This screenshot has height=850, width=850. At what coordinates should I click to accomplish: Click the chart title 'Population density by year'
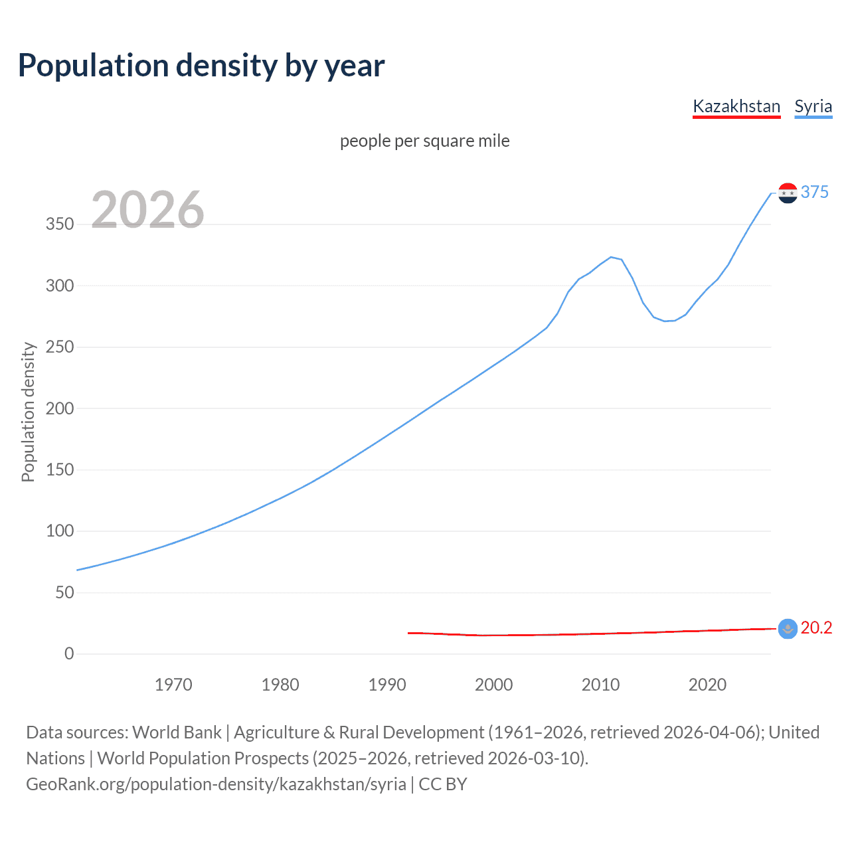(x=201, y=66)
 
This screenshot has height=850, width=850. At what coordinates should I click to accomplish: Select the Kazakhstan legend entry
(x=736, y=106)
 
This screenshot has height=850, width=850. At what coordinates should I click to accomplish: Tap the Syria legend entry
(x=813, y=106)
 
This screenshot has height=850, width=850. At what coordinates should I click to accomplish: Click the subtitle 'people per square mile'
(x=424, y=141)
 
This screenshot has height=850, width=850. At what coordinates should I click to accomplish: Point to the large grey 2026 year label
(x=147, y=210)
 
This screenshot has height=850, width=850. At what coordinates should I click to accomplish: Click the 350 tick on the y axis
(x=60, y=224)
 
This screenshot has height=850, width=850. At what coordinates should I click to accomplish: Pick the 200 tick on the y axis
(x=60, y=408)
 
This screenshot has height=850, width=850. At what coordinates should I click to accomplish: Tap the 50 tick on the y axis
(x=64, y=592)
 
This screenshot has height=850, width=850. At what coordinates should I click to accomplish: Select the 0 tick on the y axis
(x=69, y=653)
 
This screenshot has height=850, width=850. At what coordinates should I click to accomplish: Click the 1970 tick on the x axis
(x=173, y=685)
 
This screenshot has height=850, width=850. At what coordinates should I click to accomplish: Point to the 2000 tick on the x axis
(x=493, y=685)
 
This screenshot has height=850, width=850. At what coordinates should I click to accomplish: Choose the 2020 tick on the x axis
(x=707, y=685)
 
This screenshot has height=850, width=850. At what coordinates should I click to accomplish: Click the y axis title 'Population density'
(x=28, y=412)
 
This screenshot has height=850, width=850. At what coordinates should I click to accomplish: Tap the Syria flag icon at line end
(x=788, y=193)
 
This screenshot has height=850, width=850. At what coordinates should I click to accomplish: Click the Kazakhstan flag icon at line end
(x=788, y=628)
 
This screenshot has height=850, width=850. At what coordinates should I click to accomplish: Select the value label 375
(x=815, y=192)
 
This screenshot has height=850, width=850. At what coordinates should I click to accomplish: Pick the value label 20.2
(x=816, y=628)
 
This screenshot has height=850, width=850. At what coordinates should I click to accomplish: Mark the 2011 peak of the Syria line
(x=611, y=257)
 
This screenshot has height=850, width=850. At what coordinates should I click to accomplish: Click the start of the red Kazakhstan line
(x=408, y=633)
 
